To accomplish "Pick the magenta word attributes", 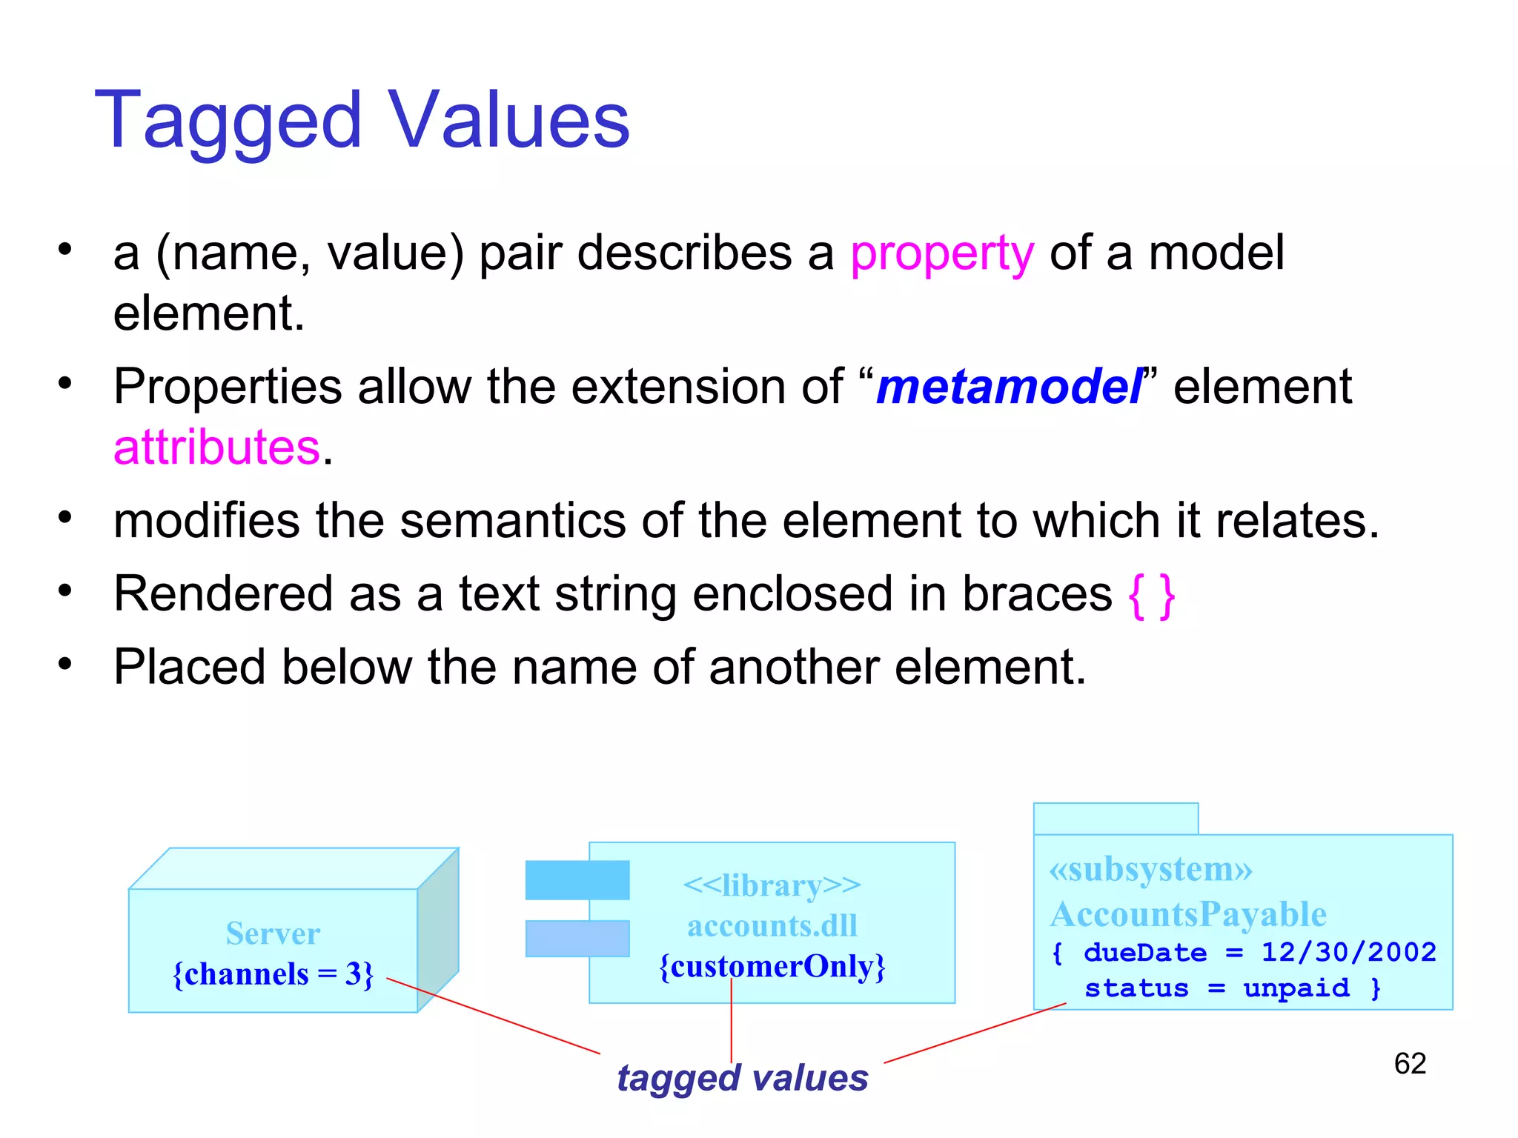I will pyautogui.click(x=216, y=447).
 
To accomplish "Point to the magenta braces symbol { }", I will pyautogui.click(x=1152, y=595).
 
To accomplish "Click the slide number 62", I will pyautogui.click(x=1410, y=1064).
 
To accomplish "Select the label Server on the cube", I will pyautogui.click(x=273, y=934).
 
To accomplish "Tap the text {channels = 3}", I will pyautogui.click(x=273, y=974).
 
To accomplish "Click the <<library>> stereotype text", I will pyautogui.click(x=772, y=885).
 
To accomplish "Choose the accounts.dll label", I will pyautogui.click(x=772, y=926).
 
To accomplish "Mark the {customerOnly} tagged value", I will pyautogui.click(x=772, y=967).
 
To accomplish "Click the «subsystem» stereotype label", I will pyautogui.click(x=1150, y=870).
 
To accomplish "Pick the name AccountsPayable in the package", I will pyautogui.click(x=1188, y=914).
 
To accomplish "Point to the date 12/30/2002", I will pyautogui.click(x=1349, y=952).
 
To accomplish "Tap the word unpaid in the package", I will pyautogui.click(x=1296, y=988).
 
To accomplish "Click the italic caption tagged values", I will pyautogui.click(x=742, y=1078).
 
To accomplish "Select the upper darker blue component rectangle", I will pyautogui.click(x=577, y=880).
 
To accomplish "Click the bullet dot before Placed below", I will pyautogui.click(x=65, y=664).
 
